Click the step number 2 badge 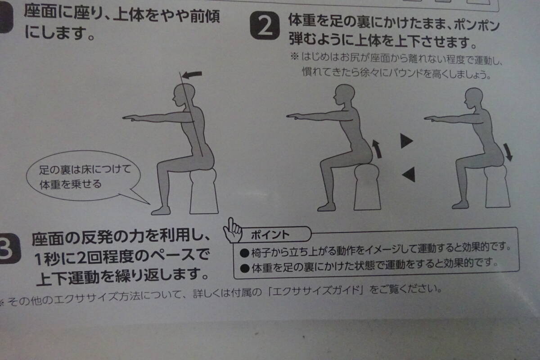(265, 25)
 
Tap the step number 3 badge (9, 248)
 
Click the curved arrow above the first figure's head (192, 75)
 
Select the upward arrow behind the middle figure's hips (377, 149)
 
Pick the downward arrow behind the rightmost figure (508, 152)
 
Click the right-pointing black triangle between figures (406, 141)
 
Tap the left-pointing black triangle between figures (409, 174)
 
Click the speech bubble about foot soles (83, 176)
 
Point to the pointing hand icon (232, 230)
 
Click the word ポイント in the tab (270, 234)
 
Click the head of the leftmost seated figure (184, 95)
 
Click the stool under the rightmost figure (497, 186)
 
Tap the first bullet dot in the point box (244, 253)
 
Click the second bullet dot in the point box (245, 268)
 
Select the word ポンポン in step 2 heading (477, 26)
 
